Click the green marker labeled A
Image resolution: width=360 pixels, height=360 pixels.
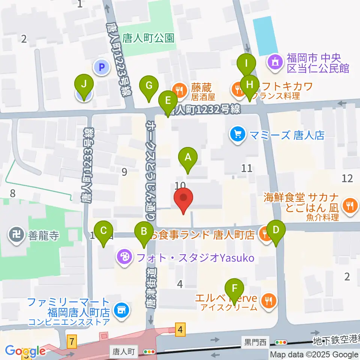(x=188, y=157)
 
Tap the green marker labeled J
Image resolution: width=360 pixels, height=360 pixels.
(x=84, y=85)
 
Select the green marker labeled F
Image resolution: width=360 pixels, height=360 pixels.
(x=235, y=289)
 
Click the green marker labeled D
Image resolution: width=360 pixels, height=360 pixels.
(x=276, y=229)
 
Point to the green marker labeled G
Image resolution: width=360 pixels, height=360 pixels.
(x=149, y=86)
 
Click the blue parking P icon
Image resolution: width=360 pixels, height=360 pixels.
(x=101, y=68)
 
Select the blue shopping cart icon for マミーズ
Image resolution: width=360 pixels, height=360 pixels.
(x=237, y=134)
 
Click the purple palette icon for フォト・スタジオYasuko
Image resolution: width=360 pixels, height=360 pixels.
(x=123, y=257)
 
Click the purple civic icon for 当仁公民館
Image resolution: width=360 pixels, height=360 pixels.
(x=276, y=62)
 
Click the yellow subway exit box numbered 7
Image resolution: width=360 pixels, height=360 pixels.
(x=72, y=342)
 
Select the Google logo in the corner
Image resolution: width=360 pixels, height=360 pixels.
(x=24, y=351)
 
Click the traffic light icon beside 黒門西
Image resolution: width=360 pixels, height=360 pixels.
(x=281, y=342)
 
